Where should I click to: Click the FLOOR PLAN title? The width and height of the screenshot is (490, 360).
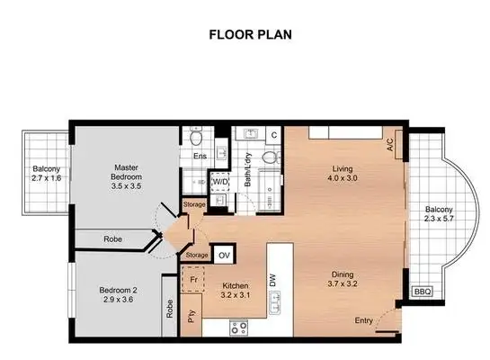pyautogui.click(x=245, y=35)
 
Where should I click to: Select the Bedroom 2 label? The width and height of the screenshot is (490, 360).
pyautogui.click(x=119, y=294)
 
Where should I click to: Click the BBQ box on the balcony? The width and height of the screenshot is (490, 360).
pyautogui.click(x=421, y=292)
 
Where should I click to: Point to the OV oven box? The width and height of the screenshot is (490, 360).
pyautogui.click(x=224, y=255)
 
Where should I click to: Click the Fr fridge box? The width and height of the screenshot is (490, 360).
pyautogui.click(x=191, y=279)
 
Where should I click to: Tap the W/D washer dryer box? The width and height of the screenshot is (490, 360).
pyautogui.click(x=220, y=183)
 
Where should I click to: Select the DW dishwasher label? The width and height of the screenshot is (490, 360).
pyautogui.click(x=272, y=280)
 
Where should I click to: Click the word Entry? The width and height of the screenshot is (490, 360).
pyautogui.click(x=364, y=320)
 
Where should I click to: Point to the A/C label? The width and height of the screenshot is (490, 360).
pyautogui.click(x=391, y=143)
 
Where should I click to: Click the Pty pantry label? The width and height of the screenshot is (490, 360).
pyautogui.click(x=191, y=315)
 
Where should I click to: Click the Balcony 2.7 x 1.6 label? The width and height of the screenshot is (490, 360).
pyautogui.click(x=47, y=173)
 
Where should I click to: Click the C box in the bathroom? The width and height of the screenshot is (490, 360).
pyautogui.click(x=273, y=135)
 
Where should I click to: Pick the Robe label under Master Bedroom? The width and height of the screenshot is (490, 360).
pyautogui.click(x=112, y=239)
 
